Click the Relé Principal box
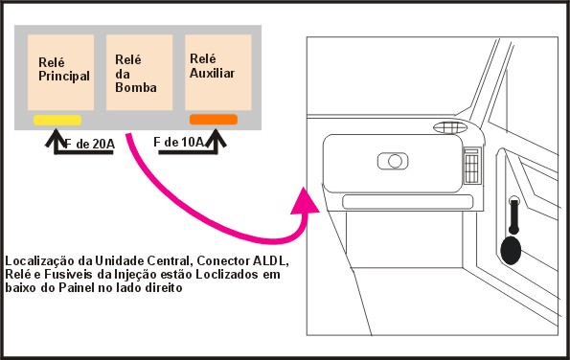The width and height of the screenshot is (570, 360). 60,73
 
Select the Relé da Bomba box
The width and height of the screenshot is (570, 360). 139,73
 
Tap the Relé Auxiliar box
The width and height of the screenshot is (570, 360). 218,73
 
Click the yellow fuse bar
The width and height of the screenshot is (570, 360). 57,121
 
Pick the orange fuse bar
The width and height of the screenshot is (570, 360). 214,120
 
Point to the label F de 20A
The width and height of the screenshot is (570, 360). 89,145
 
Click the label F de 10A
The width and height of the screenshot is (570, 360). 178,143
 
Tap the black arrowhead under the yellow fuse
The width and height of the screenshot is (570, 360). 56,137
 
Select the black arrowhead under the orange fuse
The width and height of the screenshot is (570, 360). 217,138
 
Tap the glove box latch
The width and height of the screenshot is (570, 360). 393,161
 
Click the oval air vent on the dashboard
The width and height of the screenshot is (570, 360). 450,127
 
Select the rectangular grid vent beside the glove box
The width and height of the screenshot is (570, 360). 472,166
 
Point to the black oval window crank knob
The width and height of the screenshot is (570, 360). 511,250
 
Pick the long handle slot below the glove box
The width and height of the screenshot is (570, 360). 408,202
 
